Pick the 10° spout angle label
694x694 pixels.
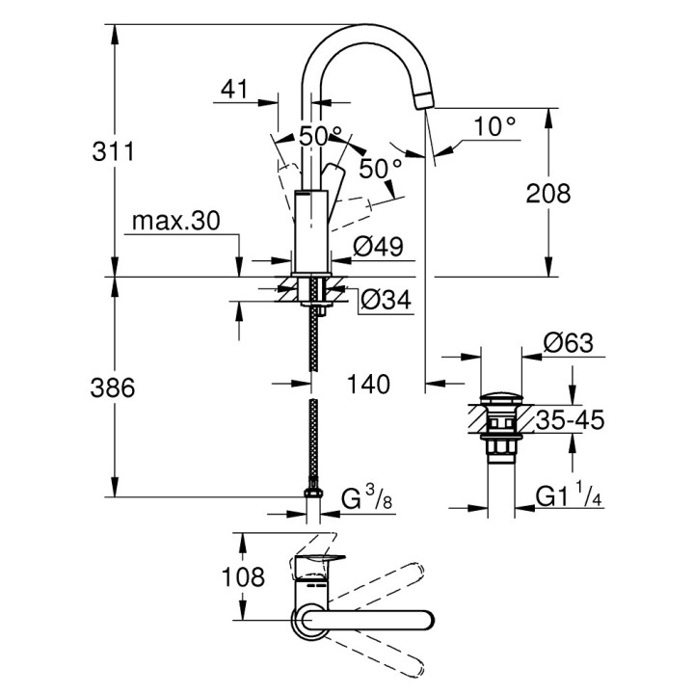coord(495,125)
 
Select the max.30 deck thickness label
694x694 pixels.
coord(176,221)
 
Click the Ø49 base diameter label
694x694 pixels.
coord(377,248)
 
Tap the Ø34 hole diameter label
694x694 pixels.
coord(386,302)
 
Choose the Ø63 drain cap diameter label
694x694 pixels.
coord(567,342)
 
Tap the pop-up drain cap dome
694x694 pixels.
coord(501,397)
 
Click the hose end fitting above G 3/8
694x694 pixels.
coord(312,491)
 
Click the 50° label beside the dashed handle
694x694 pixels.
coord(381,168)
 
